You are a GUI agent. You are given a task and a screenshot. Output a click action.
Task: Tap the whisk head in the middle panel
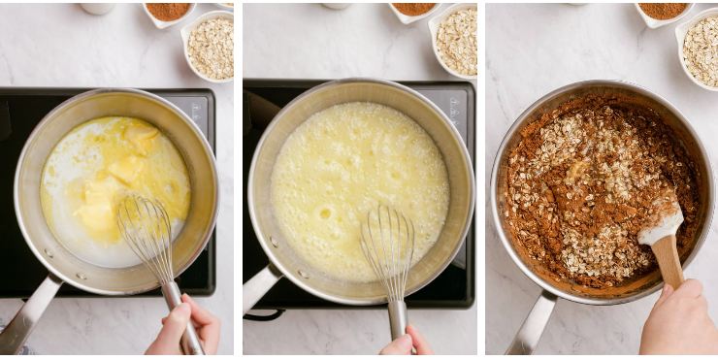pyautogui.click(x=388, y=247)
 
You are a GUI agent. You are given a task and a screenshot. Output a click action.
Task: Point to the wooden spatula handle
pyautogui.click(x=668, y=260)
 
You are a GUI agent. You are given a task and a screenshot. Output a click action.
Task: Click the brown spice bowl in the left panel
pyautogui.click(x=169, y=11)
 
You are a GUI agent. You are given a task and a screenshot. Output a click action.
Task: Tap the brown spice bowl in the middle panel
pyautogui.click(x=414, y=9)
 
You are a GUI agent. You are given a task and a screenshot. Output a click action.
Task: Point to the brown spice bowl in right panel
pyautogui.click(x=664, y=11)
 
